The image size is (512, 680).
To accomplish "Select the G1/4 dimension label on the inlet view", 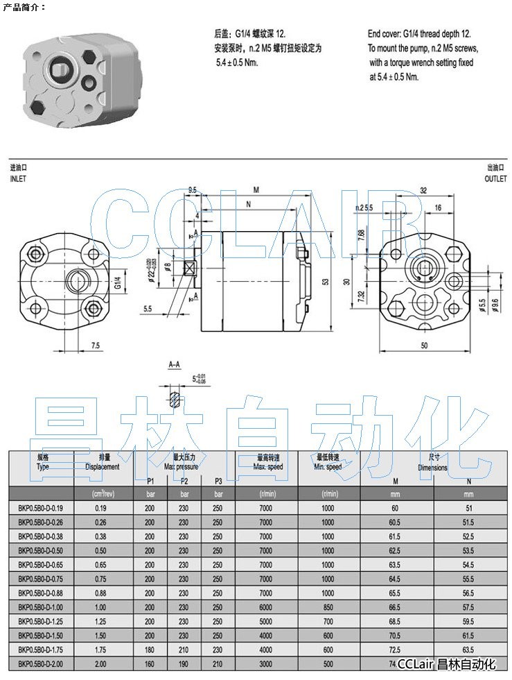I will [118, 282].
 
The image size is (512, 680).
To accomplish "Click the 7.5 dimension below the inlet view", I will [95, 345].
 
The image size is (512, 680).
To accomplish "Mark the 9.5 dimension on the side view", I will [193, 189].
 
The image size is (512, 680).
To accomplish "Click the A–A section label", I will [175, 363].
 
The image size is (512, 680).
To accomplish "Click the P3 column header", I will [219, 481].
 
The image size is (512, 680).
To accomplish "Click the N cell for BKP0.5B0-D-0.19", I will [468, 509].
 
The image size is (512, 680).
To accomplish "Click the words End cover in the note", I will [384, 33].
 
